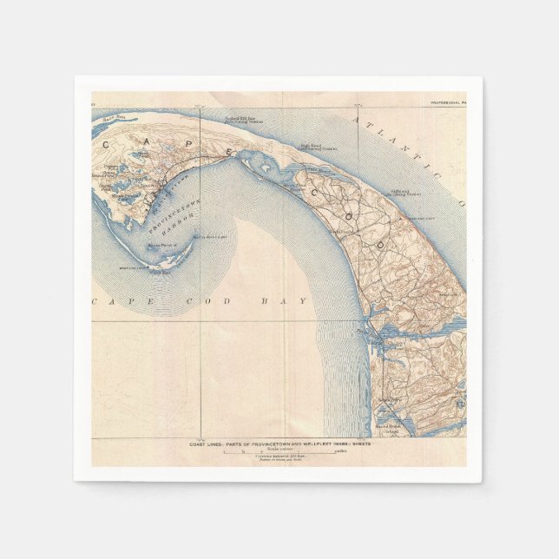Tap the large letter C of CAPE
pyautogui.click(x=105, y=144)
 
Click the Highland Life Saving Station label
pyautogui.click(x=403, y=190)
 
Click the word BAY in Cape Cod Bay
pyautogui.click(x=293, y=301)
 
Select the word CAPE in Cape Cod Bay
pyautogui.click(x=125, y=301)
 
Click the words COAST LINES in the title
pyautogui.click(x=210, y=444)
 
